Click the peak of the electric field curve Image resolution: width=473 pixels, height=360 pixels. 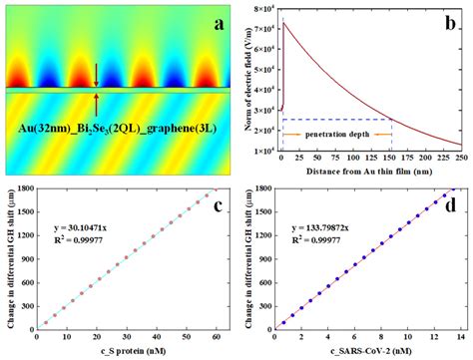[284, 23]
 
